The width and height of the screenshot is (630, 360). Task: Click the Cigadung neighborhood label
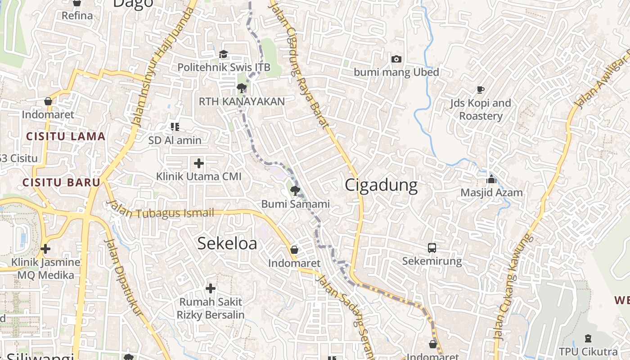[x=381, y=185]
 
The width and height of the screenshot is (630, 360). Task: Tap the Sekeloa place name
[x=227, y=243]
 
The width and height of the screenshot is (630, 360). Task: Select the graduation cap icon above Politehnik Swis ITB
[x=224, y=54]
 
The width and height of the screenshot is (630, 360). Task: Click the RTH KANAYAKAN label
[x=242, y=102]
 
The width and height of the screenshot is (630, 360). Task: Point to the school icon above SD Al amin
[x=175, y=127]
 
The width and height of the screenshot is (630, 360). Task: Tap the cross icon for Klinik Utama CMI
[x=198, y=163]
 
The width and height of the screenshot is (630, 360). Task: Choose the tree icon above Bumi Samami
[x=295, y=191]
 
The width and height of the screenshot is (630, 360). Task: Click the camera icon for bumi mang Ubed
[x=396, y=59]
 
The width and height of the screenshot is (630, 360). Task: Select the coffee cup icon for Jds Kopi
[x=480, y=90]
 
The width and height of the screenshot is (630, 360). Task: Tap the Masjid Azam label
[x=491, y=193]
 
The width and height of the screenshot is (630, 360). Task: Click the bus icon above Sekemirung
[x=432, y=247]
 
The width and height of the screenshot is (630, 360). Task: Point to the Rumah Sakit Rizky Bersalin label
[x=210, y=308]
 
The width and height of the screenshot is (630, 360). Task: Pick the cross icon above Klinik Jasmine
[x=45, y=248]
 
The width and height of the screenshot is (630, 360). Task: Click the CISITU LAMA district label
[x=66, y=136]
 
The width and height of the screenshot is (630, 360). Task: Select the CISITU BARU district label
[x=61, y=183]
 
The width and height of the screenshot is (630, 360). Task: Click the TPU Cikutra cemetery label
[x=588, y=351]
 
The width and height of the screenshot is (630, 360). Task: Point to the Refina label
[x=77, y=16]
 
